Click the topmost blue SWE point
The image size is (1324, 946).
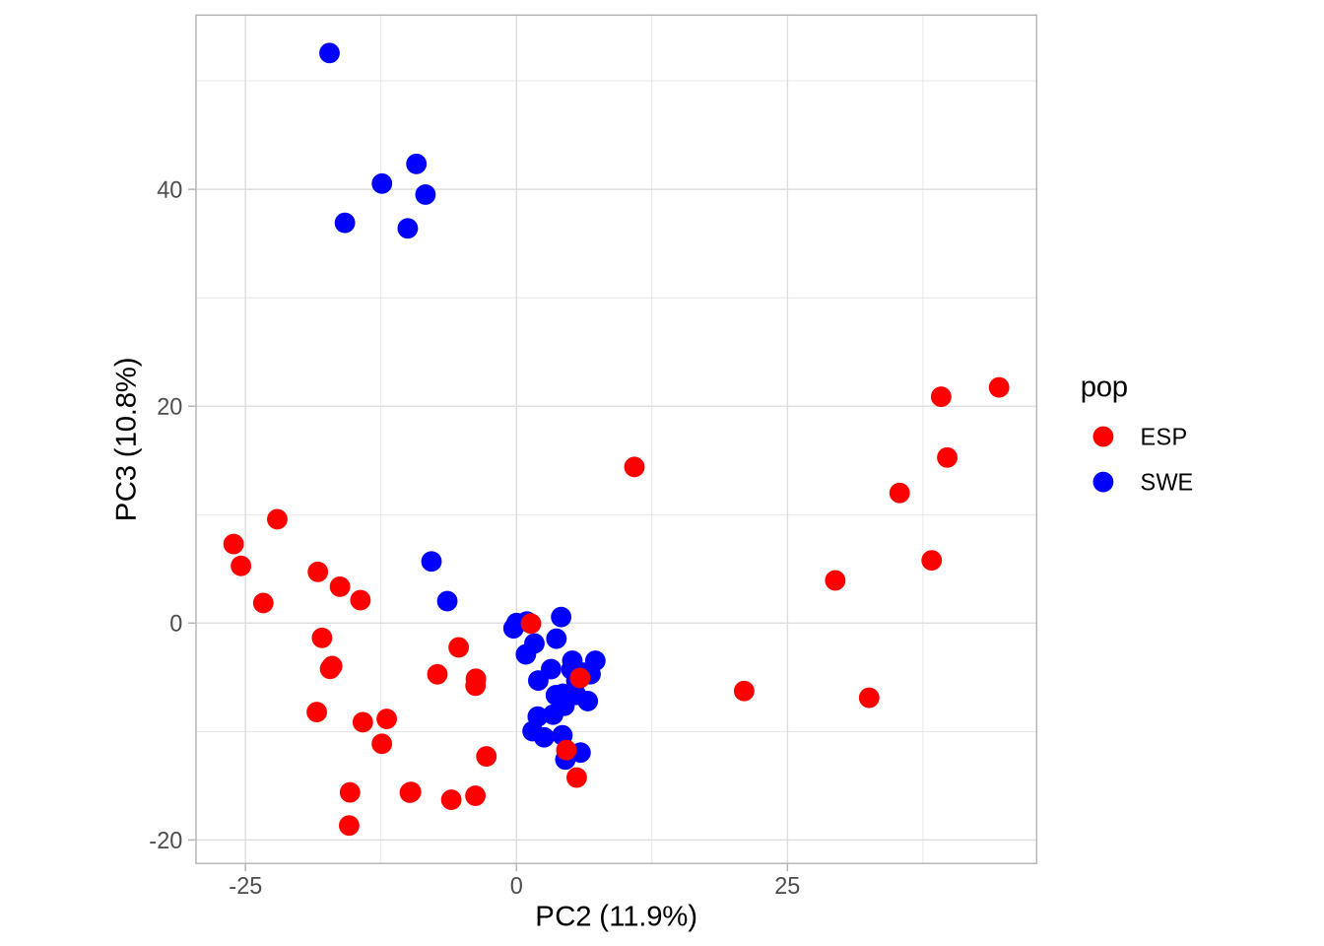coord(329,53)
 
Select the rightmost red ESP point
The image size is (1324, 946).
coord(999,387)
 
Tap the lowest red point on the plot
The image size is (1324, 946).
coord(349,826)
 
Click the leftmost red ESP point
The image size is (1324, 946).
coord(233,544)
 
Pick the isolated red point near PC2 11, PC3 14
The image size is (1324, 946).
coord(634,467)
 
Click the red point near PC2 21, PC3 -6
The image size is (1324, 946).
coord(744,691)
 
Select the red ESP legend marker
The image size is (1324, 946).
coord(1103,437)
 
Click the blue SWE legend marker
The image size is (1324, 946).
coord(1103,482)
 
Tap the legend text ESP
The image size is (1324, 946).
coord(1163,437)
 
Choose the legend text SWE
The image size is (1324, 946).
coord(1166,482)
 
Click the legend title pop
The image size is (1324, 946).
coord(1103,387)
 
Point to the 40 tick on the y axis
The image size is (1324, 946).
coord(169,189)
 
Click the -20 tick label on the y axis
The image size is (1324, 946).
coord(165,841)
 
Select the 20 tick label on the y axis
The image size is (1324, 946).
coord(169,406)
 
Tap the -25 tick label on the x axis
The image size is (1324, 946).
coord(245,886)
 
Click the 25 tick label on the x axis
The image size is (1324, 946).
coord(787,886)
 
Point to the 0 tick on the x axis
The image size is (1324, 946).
coord(516,886)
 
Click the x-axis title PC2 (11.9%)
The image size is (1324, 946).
coord(616,916)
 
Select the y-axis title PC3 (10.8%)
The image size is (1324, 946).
coord(127,439)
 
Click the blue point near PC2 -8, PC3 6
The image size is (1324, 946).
coord(431,562)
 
